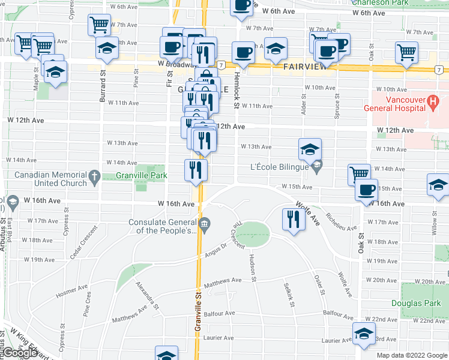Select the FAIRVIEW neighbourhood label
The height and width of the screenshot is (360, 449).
coord(304,67)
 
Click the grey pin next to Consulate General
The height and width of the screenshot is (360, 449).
coord(204,225)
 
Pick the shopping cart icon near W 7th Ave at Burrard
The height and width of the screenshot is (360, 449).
coord(99,25)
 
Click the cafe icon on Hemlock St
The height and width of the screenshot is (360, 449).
coord(243,52)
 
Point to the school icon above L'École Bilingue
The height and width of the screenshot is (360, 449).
coord(310,149)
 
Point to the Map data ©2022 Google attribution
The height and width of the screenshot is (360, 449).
coord(411,355)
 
